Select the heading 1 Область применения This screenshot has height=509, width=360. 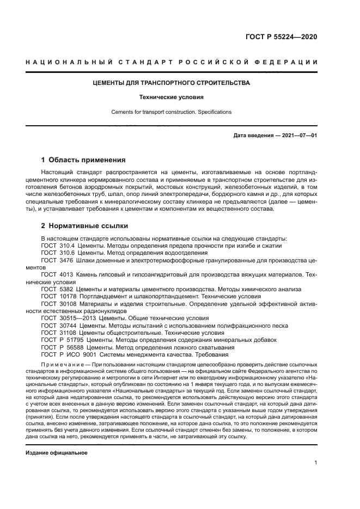click(83, 160)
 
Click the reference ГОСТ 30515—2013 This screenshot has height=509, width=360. click(66, 318)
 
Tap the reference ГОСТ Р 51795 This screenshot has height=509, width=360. click(61, 340)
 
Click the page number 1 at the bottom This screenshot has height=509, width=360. click(316, 463)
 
